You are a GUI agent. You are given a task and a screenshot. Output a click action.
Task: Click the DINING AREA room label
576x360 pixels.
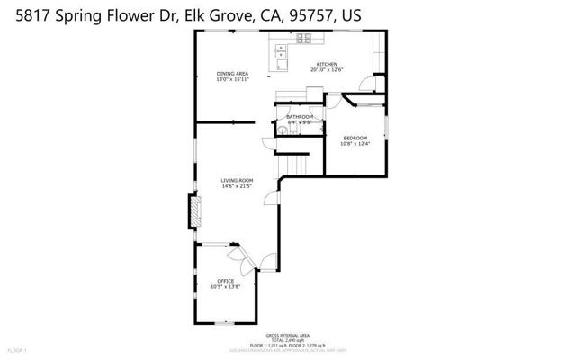[232, 73]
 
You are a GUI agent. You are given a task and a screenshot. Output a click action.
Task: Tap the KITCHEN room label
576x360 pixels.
[326, 65]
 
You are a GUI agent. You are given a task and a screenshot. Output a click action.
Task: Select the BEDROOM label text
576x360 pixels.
[355, 138]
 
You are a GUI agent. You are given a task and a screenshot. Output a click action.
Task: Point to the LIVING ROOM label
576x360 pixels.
[238, 180]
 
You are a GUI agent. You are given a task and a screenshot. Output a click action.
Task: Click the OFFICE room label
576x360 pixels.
[225, 281]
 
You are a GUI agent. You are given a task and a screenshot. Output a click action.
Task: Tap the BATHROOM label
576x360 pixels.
[300, 117]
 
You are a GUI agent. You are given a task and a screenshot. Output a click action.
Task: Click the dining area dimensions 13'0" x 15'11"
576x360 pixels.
[232, 79]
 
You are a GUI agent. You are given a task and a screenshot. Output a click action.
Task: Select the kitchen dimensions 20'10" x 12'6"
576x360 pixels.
[326, 71]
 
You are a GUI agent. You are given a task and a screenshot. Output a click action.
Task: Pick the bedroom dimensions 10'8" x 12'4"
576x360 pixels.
[355, 144]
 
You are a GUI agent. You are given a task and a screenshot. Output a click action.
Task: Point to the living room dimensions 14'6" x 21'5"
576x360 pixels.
[238, 186]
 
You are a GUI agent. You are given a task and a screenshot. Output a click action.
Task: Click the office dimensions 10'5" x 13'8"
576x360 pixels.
[225, 287]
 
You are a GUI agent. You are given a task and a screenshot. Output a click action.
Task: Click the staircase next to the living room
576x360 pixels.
[294, 164]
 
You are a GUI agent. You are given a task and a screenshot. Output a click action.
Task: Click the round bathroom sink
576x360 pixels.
[283, 130]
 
